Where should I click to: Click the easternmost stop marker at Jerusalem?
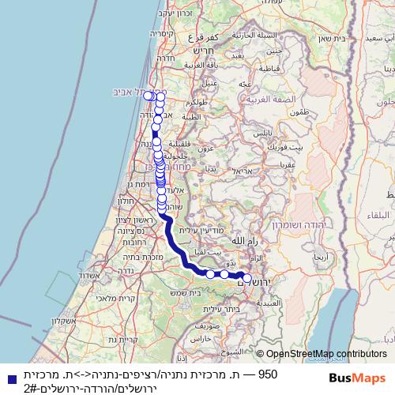tap(246, 278)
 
